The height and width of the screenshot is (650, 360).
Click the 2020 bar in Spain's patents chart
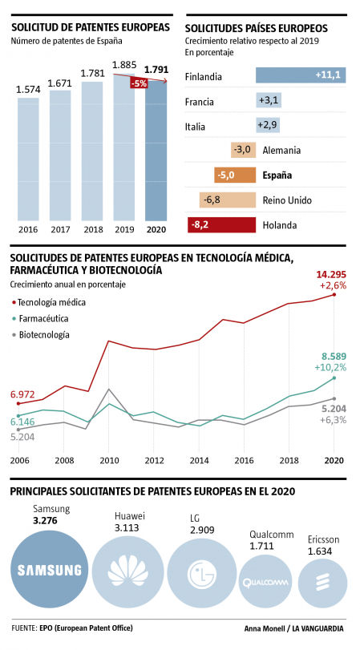[x=156, y=152]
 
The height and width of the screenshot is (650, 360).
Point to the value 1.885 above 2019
[x=124, y=65]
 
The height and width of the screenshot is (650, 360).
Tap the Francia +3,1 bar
[x=267, y=100]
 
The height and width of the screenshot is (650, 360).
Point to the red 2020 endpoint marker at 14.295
[x=334, y=295]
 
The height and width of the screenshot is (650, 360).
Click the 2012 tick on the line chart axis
[x=155, y=461]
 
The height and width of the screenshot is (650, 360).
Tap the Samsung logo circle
[x=51, y=570]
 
